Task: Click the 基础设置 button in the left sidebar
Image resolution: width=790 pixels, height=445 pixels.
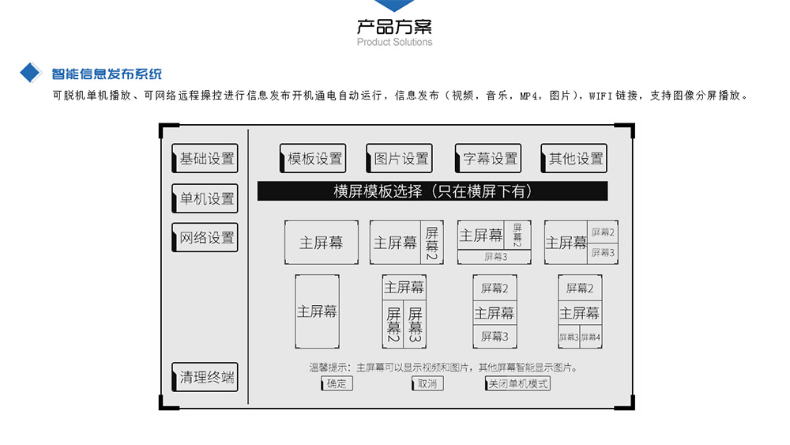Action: point(205,158)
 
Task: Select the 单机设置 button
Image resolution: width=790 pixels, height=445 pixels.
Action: point(205,198)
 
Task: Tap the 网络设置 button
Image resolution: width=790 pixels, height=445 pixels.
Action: point(205,237)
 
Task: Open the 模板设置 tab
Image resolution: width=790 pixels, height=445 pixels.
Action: point(313,158)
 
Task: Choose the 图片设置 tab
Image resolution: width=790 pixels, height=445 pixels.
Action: point(399,158)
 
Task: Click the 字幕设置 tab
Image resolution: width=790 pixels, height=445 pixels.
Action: point(488,158)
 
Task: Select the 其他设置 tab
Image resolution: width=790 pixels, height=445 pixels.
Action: point(574,158)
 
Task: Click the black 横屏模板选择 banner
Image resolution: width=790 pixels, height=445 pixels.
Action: point(432,191)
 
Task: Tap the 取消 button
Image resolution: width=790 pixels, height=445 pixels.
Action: point(427,383)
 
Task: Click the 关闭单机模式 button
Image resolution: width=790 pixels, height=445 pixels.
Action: point(517,383)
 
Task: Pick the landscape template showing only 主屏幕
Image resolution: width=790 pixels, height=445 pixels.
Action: point(322,243)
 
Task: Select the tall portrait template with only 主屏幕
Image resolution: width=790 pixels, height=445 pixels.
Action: point(317,311)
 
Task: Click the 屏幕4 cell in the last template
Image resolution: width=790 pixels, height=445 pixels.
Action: point(591,338)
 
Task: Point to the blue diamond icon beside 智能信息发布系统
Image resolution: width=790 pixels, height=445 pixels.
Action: point(30,73)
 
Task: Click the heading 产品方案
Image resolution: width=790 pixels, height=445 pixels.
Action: point(394,26)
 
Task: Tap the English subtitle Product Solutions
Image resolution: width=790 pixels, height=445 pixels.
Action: point(394,43)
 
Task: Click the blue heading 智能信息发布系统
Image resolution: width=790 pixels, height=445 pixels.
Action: point(107,74)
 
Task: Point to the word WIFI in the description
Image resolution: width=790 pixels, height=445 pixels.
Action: point(600,96)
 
